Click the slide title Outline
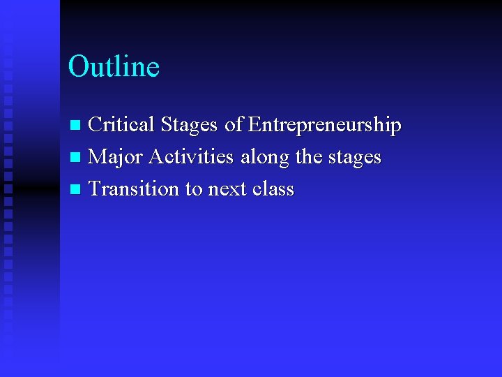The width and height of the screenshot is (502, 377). (x=114, y=67)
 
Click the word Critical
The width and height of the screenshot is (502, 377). (x=121, y=125)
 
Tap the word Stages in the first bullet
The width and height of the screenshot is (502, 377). (x=189, y=126)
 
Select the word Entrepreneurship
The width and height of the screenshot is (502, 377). (x=324, y=126)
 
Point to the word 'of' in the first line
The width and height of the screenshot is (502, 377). (x=234, y=125)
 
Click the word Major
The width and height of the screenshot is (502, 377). (x=116, y=157)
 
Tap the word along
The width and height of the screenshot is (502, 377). (x=265, y=158)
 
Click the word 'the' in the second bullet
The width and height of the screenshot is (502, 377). (x=309, y=157)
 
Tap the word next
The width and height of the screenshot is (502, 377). (x=225, y=189)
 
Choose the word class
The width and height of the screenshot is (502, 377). (x=272, y=189)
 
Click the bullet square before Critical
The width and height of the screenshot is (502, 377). (x=76, y=126)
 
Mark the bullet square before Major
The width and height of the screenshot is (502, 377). (x=76, y=158)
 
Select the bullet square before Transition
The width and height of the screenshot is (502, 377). (x=76, y=190)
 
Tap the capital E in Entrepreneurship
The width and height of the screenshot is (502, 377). (x=254, y=125)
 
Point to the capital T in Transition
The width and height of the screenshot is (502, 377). (x=95, y=189)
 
